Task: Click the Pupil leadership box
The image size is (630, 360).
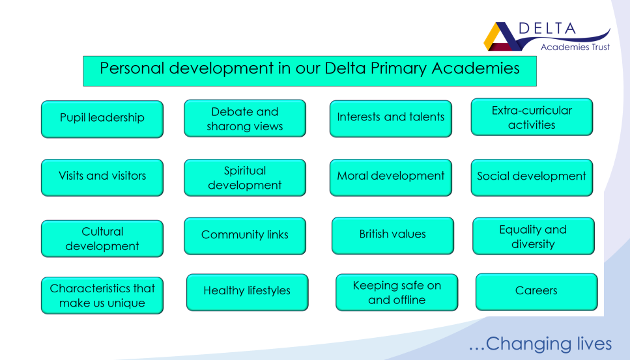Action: [102, 119]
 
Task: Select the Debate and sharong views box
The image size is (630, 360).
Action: [245, 118]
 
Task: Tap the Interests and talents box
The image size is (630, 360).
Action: [391, 118]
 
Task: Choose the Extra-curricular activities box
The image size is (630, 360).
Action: [532, 117]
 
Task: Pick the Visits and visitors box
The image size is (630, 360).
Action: [102, 178]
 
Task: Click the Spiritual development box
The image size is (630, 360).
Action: [245, 178]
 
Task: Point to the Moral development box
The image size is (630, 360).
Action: [391, 178]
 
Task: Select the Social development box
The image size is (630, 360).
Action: [532, 178]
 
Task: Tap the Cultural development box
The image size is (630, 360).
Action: [102, 238]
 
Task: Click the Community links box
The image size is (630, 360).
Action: [245, 236]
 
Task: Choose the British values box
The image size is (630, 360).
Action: [393, 236]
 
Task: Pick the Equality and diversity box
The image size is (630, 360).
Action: [534, 236]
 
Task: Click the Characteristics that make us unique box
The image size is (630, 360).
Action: [102, 296]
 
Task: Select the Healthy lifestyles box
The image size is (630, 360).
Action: [248, 292]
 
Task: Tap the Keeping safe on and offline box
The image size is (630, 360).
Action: [397, 292]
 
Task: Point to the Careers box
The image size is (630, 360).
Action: [537, 292]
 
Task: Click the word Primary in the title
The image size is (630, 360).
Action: [398, 68]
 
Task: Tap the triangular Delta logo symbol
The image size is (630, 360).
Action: [502, 36]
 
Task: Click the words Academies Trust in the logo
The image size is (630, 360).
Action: [575, 47]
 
